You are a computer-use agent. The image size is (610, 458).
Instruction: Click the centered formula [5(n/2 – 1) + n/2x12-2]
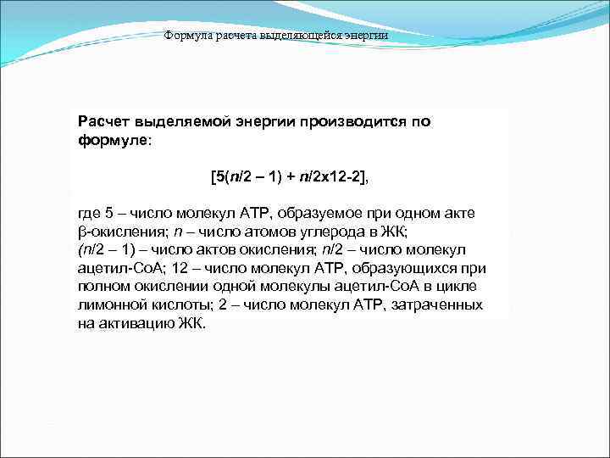pos(290,177)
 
